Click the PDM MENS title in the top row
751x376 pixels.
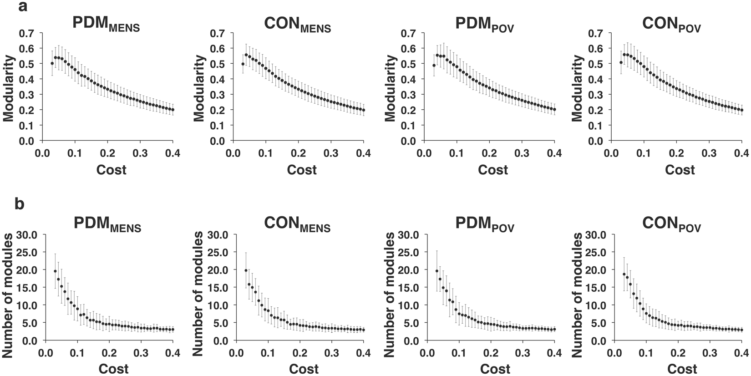coord(106,25)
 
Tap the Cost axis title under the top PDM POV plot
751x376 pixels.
coord(493,170)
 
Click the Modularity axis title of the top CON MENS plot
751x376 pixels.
coord(199,88)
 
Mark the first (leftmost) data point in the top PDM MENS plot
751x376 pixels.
coord(52,64)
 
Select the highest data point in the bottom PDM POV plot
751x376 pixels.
coord(437,271)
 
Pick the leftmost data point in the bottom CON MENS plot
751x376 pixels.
coord(246,270)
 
